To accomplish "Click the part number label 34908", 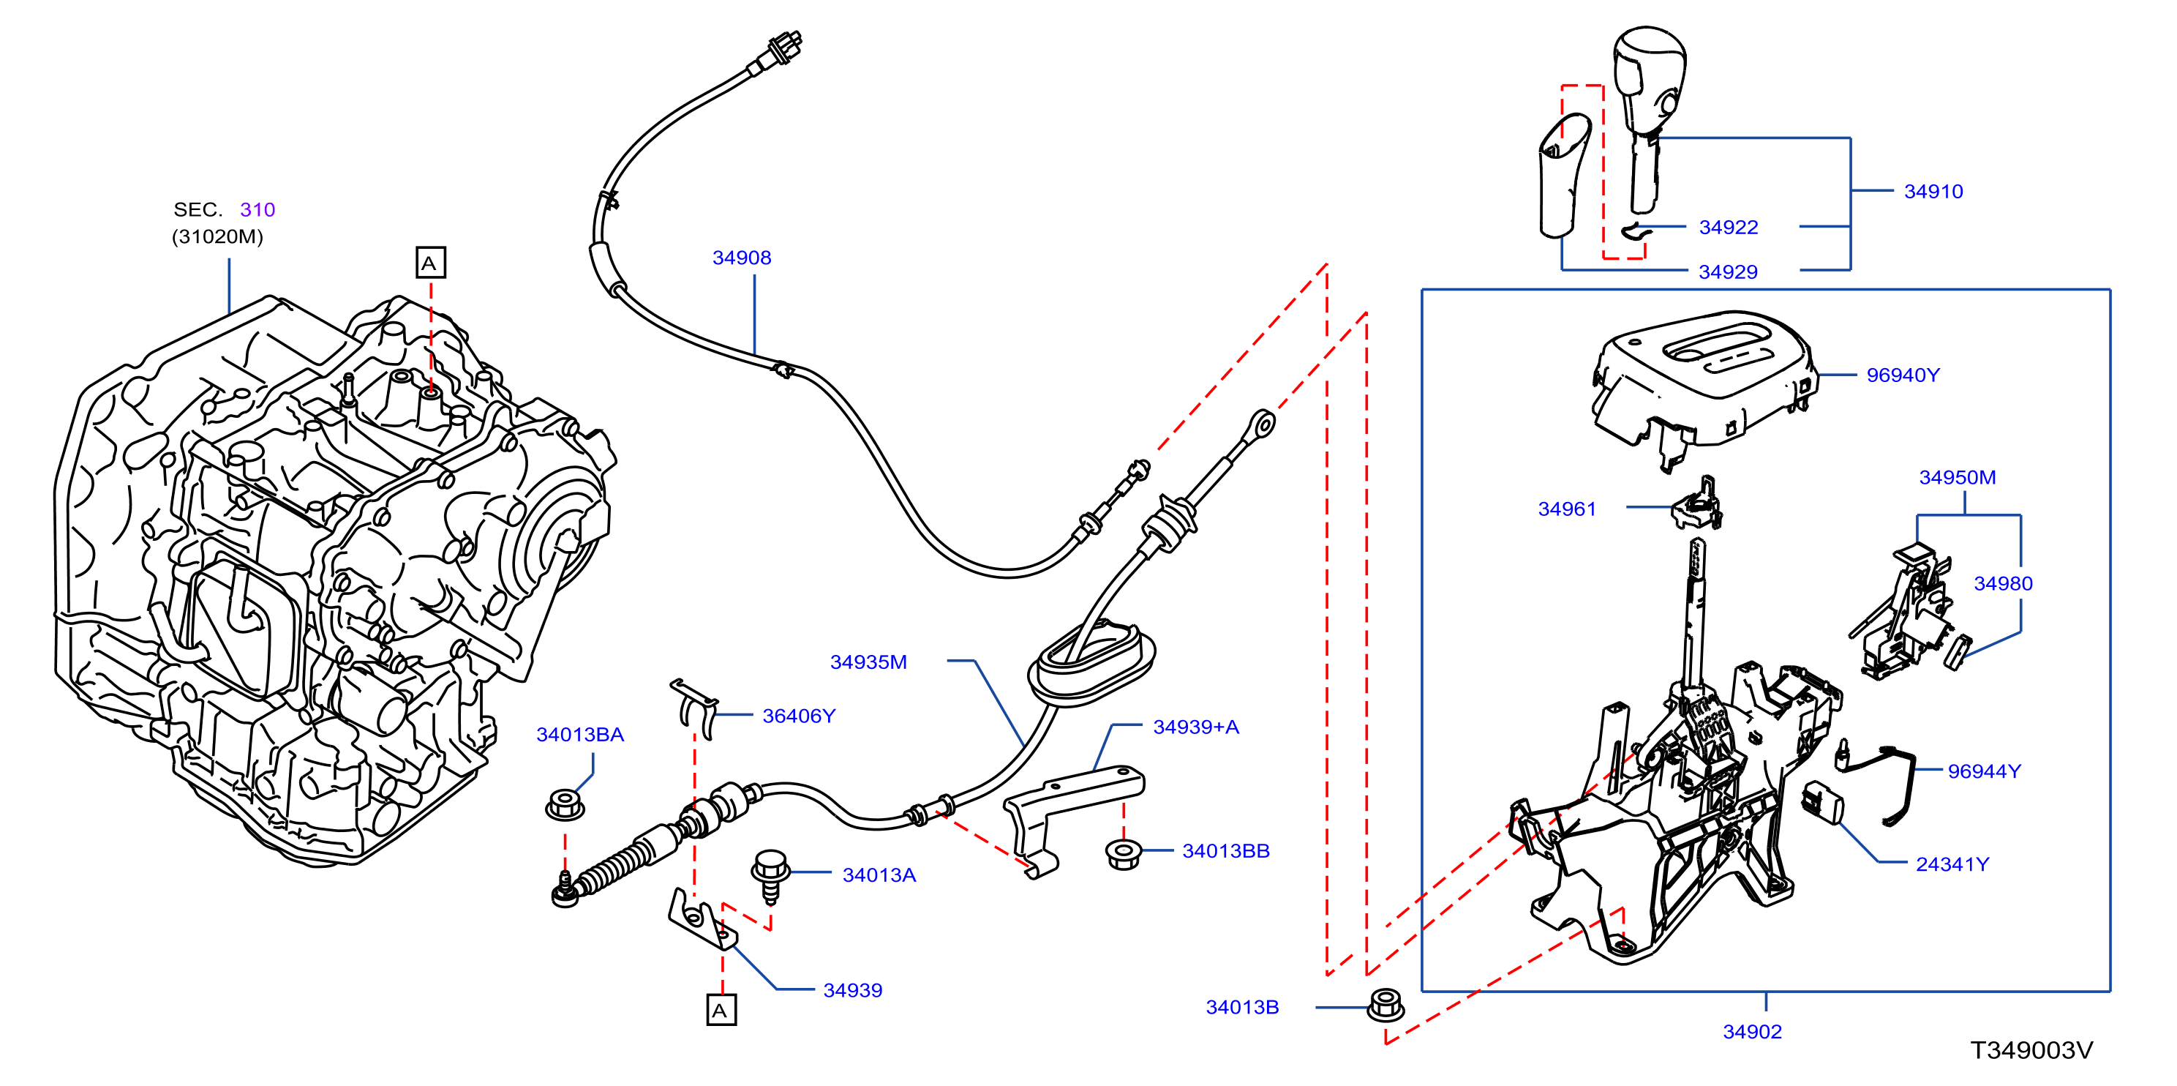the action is [x=741, y=258].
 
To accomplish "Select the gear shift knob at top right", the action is [x=1649, y=119].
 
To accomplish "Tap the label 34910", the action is [x=1933, y=192].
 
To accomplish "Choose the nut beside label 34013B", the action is [x=1385, y=1004].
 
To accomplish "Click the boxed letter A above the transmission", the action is [x=430, y=263].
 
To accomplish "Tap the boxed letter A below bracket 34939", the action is [x=721, y=1010].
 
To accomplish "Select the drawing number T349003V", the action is [x=2031, y=1050].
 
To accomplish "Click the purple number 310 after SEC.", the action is [x=257, y=209].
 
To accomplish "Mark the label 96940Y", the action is [x=1903, y=375].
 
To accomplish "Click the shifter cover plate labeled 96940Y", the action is [x=1704, y=384].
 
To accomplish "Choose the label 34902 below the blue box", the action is [x=1752, y=1032].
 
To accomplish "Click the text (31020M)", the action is [x=217, y=236].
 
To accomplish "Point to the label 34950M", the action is [x=1958, y=477].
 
